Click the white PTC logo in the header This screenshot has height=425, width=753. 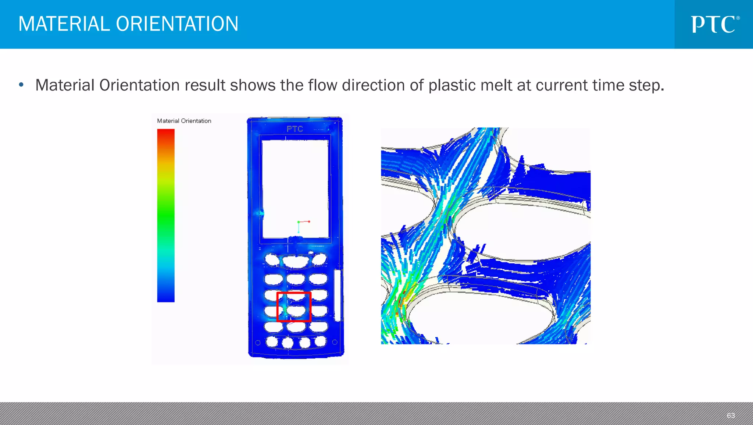pyautogui.click(x=714, y=24)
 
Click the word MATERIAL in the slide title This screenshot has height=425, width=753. pyautogui.click(x=64, y=24)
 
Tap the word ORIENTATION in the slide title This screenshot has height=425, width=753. pyautogui.click(x=177, y=24)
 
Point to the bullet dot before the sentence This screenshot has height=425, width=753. pyautogui.click(x=21, y=85)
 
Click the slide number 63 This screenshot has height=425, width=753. pyautogui.click(x=731, y=415)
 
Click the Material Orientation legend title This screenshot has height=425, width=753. pyautogui.click(x=184, y=121)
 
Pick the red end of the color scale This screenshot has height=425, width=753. pyautogui.click(x=166, y=132)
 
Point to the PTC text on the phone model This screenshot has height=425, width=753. pyautogui.click(x=295, y=129)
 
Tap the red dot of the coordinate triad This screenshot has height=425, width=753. pyautogui.click(x=309, y=222)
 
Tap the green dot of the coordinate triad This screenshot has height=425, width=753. pyautogui.click(x=299, y=222)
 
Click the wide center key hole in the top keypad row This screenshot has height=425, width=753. pyautogui.click(x=295, y=261)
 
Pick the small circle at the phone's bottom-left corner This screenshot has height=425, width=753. pyautogui.click(x=258, y=343)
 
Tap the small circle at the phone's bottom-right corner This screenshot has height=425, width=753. pyautogui.click(x=335, y=342)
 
